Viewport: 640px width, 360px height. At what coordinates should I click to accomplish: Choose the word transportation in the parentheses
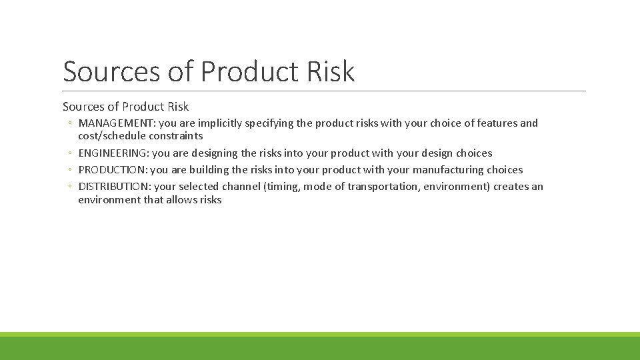pyautogui.click(x=390, y=187)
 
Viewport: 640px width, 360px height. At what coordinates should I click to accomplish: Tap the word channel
pyautogui.click(x=242, y=187)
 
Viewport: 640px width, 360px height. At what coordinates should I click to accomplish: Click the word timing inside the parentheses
pyautogui.click(x=283, y=187)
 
